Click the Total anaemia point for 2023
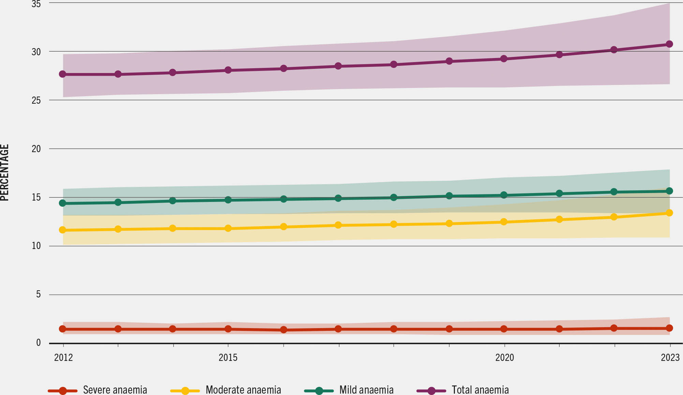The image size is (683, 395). (669, 44)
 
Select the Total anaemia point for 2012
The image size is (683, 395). (63, 74)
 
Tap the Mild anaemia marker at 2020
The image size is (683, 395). (504, 195)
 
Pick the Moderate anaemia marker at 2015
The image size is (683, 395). (228, 228)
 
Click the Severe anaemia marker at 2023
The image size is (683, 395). (669, 328)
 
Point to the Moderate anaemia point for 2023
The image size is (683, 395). (669, 213)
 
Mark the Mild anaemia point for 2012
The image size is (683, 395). (63, 203)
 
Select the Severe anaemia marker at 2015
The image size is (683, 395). (228, 329)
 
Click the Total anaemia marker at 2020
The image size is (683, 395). (504, 59)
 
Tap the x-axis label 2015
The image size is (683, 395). (228, 357)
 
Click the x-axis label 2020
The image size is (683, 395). (504, 357)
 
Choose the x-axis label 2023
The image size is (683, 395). (670, 357)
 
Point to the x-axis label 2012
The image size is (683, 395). (63, 357)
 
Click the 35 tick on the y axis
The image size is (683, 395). (36, 4)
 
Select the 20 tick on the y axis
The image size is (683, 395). (36, 149)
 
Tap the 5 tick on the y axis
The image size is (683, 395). (38, 294)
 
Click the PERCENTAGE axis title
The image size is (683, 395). (4, 173)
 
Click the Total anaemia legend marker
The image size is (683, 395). (431, 391)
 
